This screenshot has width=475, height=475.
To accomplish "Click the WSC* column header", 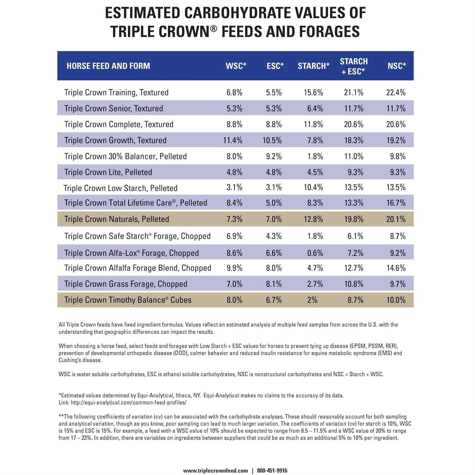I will click(236, 66).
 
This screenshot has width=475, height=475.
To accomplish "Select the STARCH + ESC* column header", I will click(353, 66).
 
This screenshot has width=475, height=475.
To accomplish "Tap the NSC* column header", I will click(396, 66).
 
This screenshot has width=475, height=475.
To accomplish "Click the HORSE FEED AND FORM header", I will click(108, 66).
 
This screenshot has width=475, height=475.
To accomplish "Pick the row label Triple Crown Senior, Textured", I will click(114, 108).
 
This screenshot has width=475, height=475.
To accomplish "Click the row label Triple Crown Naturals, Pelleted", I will click(117, 219).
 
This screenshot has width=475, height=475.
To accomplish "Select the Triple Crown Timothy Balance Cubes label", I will click(128, 300).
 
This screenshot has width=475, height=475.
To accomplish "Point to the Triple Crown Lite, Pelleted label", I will click(108, 172).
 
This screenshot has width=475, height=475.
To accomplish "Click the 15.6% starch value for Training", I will click(313, 92).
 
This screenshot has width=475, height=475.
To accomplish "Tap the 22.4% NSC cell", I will click(396, 92).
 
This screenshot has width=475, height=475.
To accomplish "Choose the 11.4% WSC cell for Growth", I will click(233, 140).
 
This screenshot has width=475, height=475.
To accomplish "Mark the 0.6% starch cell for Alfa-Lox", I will click(315, 253).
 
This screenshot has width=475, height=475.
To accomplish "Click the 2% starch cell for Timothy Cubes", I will click(312, 300).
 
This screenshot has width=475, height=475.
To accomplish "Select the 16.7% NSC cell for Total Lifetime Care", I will click(396, 203).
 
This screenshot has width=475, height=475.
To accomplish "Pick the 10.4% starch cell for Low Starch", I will click(313, 187).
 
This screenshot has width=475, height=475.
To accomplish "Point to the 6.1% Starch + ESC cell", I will click(355, 236).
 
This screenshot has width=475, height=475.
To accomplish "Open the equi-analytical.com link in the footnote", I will click(129, 402).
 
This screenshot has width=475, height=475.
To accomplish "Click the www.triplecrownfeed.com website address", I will click(215, 471).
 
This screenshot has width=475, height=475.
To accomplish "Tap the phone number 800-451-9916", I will click(272, 471).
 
